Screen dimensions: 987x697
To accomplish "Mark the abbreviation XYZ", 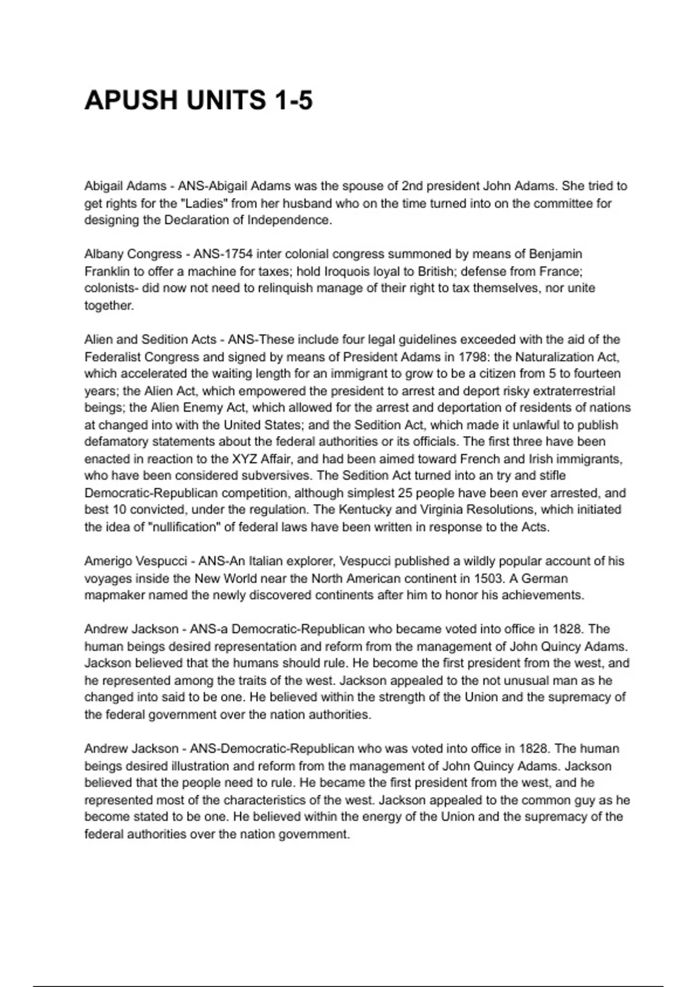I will (245, 459).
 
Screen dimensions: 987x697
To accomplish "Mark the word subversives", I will (264, 476).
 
